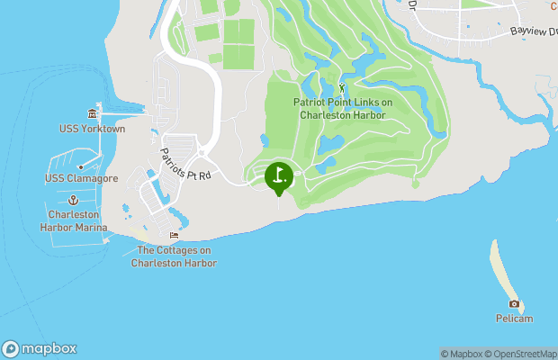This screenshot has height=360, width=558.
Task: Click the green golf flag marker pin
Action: (x=279, y=176)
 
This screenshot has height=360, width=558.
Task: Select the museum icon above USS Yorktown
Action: (x=93, y=114)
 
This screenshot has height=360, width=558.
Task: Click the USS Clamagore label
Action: (x=77, y=178)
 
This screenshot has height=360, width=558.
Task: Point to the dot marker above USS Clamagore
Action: (x=80, y=166)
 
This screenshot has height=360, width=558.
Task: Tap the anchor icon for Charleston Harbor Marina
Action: (x=75, y=198)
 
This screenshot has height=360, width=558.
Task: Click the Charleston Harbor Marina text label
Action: (x=74, y=220)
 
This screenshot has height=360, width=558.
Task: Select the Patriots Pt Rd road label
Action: (x=185, y=163)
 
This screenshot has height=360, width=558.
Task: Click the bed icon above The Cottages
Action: (x=174, y=236)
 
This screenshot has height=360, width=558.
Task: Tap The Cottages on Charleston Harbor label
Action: (x=174, y=256)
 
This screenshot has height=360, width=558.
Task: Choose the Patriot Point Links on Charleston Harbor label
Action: (x=343, y=109)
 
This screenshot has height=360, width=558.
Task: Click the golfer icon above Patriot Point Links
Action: (x=342, y=88)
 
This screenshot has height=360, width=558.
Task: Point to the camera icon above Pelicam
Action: (x=514, y=304)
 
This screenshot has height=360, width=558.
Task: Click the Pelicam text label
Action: (x=514, y=319)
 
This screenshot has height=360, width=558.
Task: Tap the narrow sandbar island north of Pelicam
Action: (x=501, y=266)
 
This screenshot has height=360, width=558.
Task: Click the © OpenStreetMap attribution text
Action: (x=523, y=354)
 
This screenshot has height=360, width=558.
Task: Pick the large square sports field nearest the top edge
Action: (x=239, y=31)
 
